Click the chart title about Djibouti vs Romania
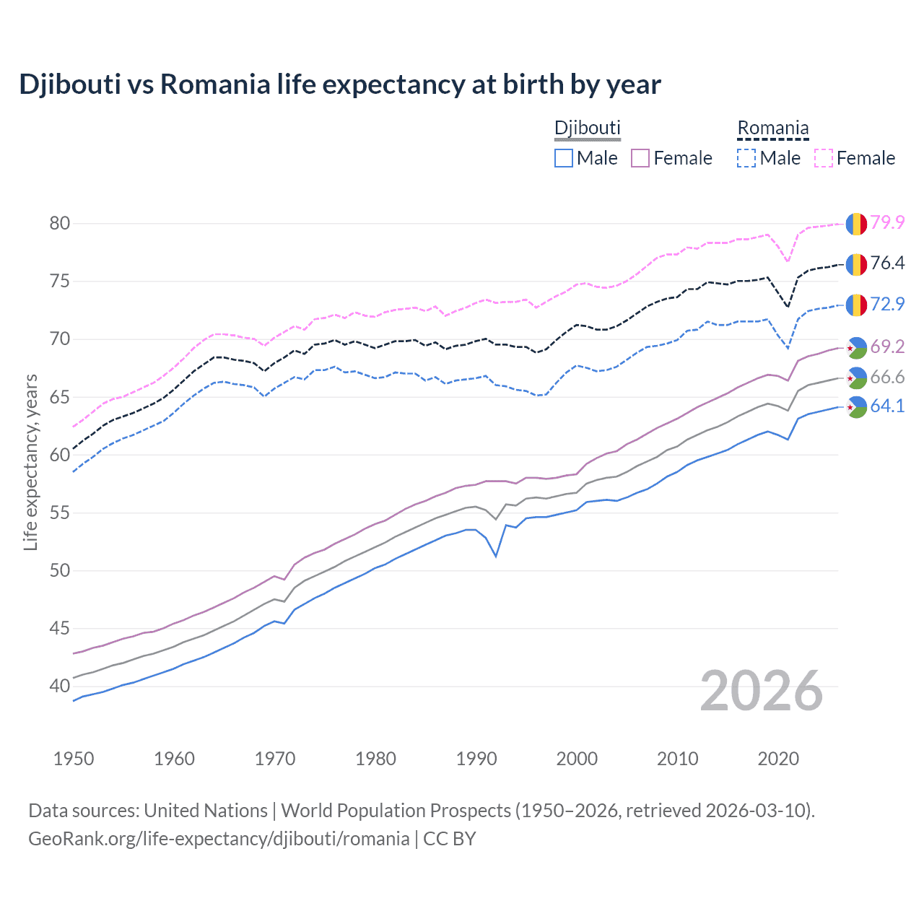339,84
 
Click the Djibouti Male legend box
564,158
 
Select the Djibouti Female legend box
640,158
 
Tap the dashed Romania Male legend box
746,158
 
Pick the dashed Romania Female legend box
823,158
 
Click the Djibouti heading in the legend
587,128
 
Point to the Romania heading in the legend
772,128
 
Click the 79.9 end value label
887,222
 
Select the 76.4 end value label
887,263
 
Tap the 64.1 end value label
887,406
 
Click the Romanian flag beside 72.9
856,305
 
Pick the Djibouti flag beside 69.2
856,347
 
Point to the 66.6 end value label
887,377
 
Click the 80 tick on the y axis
60,223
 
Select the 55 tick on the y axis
60,513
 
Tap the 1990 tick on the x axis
476,759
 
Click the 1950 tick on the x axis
74,759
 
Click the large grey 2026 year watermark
762,691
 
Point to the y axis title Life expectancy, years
30,462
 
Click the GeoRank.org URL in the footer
219,839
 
